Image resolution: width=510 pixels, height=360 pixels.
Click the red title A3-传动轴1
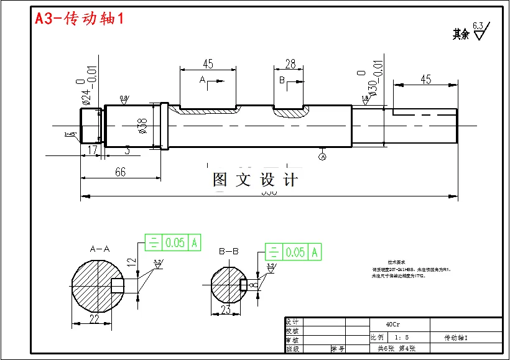tap(80, 19)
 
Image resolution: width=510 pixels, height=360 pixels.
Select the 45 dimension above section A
tap(208, 64)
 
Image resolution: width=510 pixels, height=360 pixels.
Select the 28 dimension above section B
tap(290, 64)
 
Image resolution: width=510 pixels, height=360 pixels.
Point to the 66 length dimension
tap(120, 172)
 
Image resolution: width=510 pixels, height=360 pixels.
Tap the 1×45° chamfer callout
tap(70, 134)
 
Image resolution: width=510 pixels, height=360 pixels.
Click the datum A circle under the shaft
tap(322, 158)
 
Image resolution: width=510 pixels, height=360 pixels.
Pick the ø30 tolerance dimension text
tap(367, 87)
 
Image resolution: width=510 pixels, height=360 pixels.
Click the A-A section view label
tap(100, 249)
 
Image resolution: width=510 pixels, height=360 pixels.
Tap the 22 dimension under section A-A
tap(95, 319)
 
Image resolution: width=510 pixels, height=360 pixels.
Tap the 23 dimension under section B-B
tap(226, 309)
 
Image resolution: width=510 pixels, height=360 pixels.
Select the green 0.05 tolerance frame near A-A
tap(173, 242)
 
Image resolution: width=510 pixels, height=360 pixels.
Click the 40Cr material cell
tap(393, 324)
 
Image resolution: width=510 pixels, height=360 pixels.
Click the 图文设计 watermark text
tap(255, 180)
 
